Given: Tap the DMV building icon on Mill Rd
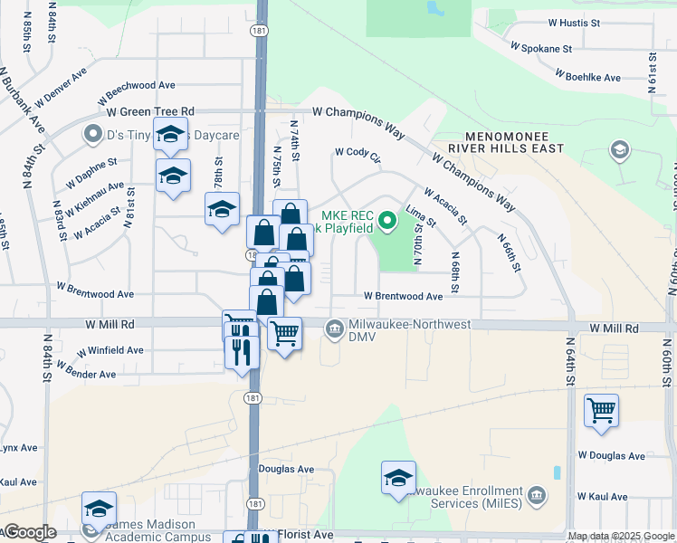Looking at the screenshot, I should coord(335,327).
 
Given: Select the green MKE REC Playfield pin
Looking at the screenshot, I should coord(387,220).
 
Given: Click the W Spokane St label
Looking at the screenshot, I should coord(541,46).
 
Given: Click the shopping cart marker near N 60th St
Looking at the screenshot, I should coord(601,410).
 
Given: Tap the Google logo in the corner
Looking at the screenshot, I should coord(29,532).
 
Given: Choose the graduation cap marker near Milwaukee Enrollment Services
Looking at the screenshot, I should coord(398,478).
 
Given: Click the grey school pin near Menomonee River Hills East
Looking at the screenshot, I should coord(621,149).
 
